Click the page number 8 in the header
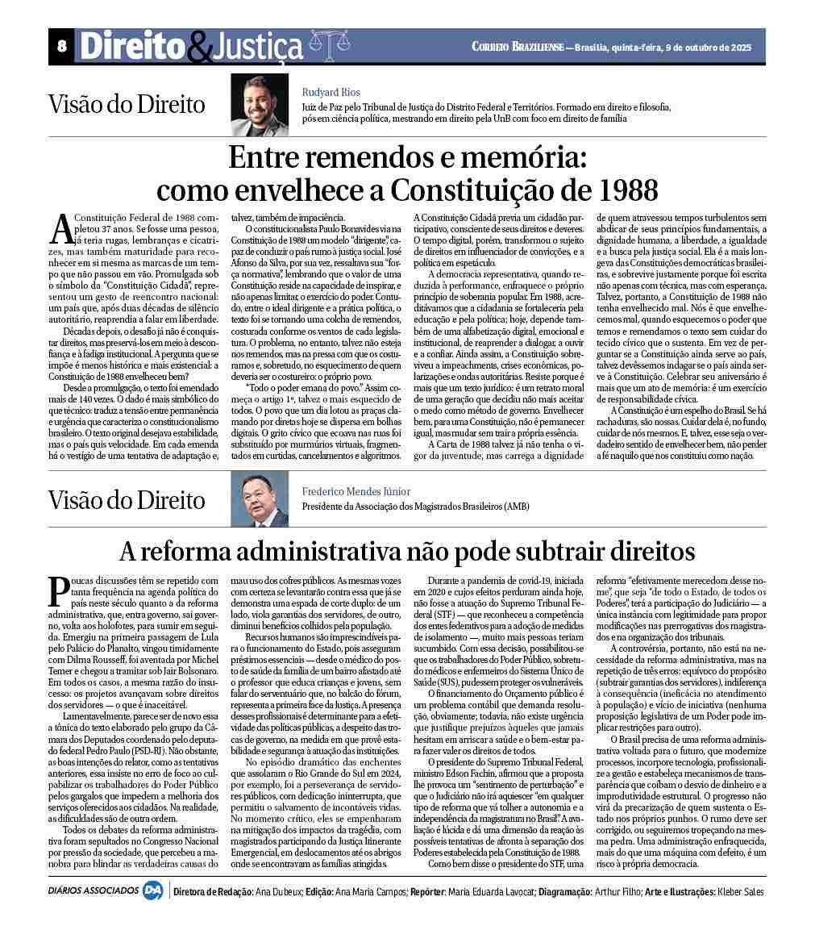pos(61,47)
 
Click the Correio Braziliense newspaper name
pos(518,47)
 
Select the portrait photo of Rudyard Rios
pos(254,105)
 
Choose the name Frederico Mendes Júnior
pos(356,491)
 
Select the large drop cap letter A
pos(61,228)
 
